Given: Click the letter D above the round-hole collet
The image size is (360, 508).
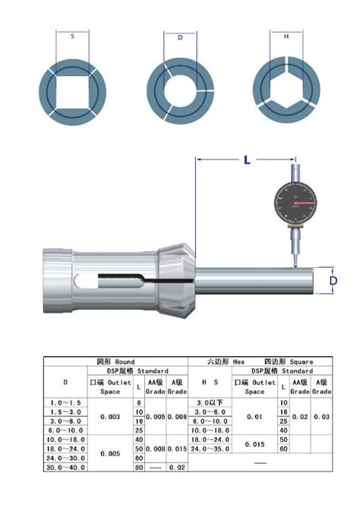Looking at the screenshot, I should point(180,36).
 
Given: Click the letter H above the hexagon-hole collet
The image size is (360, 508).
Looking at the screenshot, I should point(286,36).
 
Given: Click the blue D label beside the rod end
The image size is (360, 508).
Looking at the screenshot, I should point(333,282).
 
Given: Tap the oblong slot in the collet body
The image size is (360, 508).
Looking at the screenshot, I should point(100,284).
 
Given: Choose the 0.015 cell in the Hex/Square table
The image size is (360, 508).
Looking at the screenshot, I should point(254,443).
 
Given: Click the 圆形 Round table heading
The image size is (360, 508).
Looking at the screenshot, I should point(115,361).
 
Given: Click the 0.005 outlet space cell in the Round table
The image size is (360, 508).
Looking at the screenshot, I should point(110,453).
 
